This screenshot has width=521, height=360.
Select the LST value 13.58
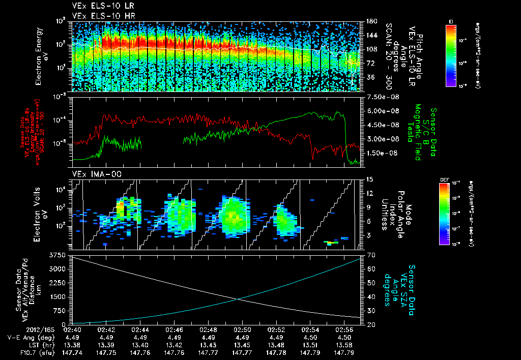coord(343,345)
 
